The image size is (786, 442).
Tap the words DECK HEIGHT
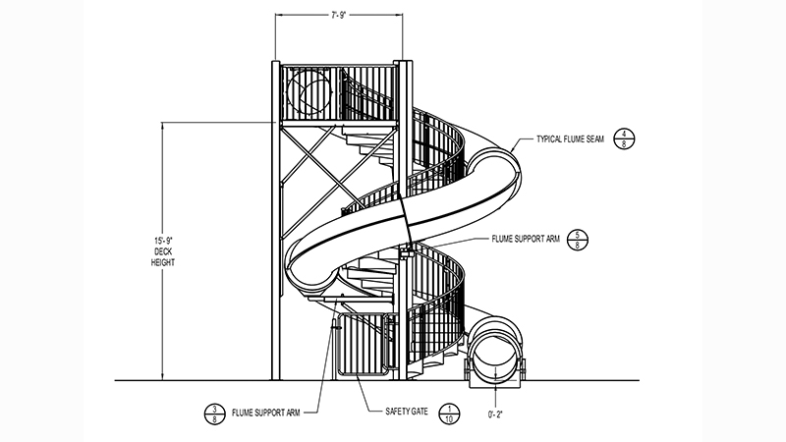[161, 258]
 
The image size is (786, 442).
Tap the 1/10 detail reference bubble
[448, 414]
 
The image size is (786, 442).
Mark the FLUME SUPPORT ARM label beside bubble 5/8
[526, 239]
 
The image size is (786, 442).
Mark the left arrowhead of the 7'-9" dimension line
[277, 16]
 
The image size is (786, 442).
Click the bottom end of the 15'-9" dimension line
[161, 379]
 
